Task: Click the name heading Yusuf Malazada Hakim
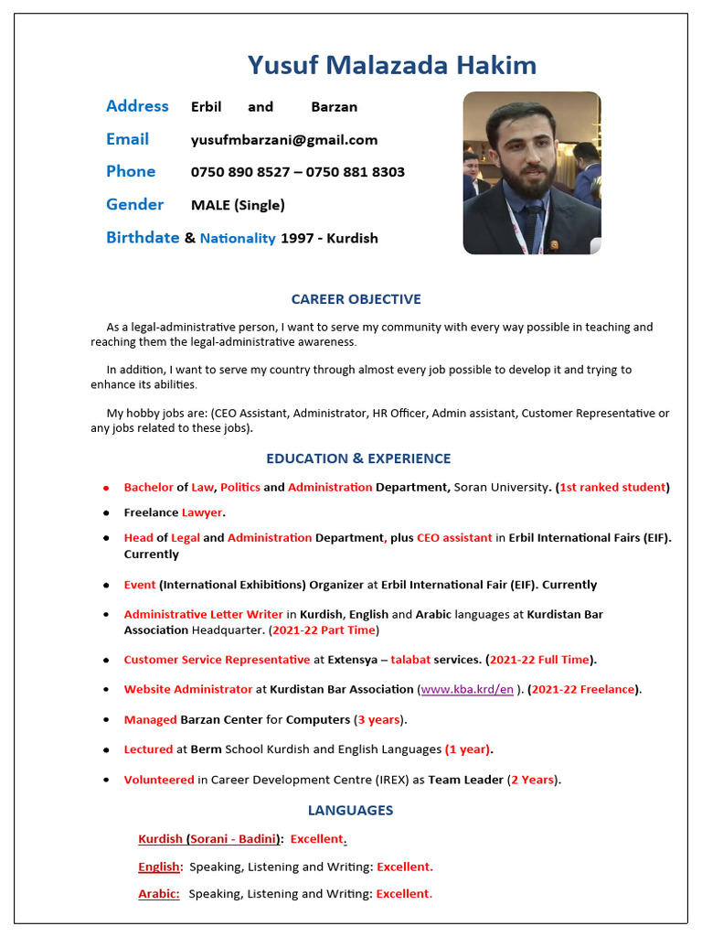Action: point(391,65)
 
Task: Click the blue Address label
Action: point(137,106)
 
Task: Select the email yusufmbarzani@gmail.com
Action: point(283,140)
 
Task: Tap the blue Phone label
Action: point(131,172)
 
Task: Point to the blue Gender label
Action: point(134,205)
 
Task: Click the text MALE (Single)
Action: point(238,205)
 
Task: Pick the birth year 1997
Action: point(297,238)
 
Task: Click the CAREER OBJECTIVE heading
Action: point(356,299)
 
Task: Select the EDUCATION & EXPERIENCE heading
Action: point(358,458)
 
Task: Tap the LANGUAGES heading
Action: point(350,811)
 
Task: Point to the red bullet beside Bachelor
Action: point(106,488)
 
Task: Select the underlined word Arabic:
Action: point(158,894)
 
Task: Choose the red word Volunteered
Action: point(159,781)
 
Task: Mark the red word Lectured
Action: point(148,750)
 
